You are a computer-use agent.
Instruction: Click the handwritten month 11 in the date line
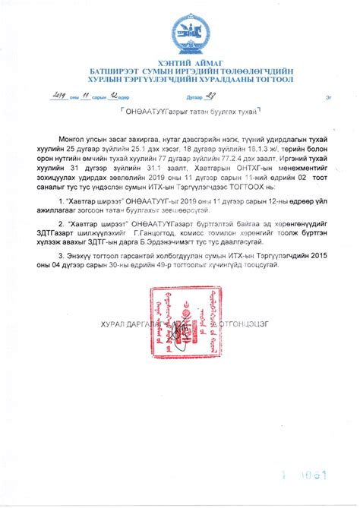(x=86, y=96)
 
